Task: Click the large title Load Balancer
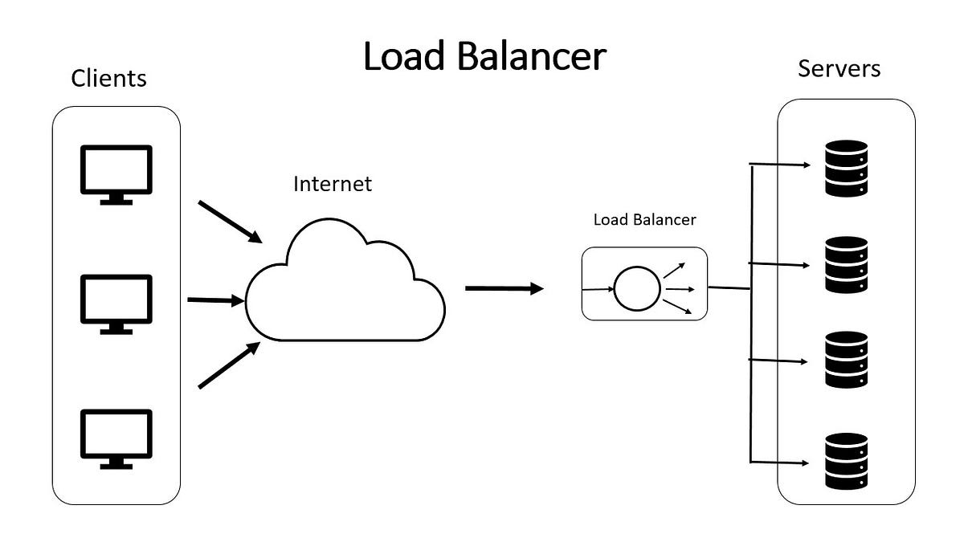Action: [484, 57]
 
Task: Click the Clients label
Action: [109, 78]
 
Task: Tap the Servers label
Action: [839, 68]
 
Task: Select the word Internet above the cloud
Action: [333, 184]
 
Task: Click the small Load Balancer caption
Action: [644, 219]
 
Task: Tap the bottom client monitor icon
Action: [116, 438]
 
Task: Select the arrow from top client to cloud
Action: [231, 222]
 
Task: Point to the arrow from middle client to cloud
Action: [214, 300]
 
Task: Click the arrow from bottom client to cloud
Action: [229, 365]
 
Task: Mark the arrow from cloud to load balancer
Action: [504, 288]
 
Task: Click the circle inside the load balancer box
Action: [637, 287]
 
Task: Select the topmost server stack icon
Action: [847, 169]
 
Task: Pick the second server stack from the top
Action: [847, 264]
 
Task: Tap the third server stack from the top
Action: [847, 361]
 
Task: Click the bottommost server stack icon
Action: [847, 461]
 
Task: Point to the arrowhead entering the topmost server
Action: [806, 165]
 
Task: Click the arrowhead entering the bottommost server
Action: [806, 463]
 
